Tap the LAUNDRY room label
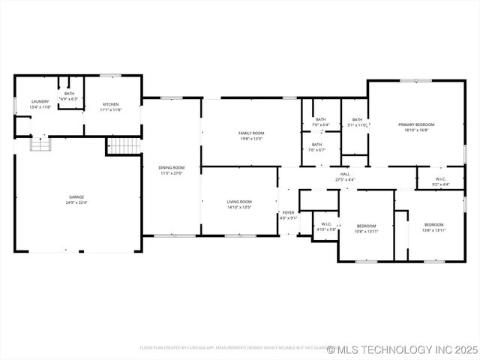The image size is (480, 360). click(x=40, y=102)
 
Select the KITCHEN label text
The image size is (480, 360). click(x=111, y=104)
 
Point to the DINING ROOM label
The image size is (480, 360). click(x=171, y=167)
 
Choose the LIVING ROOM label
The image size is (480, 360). click(x=239, y=201)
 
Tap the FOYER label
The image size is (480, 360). click(x=289, y=213)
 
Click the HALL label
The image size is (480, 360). click(x=345, y=174)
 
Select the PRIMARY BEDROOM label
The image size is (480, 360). click(x=416, y=124)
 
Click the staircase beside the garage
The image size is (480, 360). click(x=124, y=145)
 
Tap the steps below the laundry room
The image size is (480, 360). click(x=40, y=144)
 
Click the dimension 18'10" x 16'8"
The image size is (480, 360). click(x=416, y=130)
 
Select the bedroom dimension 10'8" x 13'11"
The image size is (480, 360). click(x=367, y=230)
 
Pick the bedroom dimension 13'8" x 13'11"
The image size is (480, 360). click(x=434, y=230)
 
